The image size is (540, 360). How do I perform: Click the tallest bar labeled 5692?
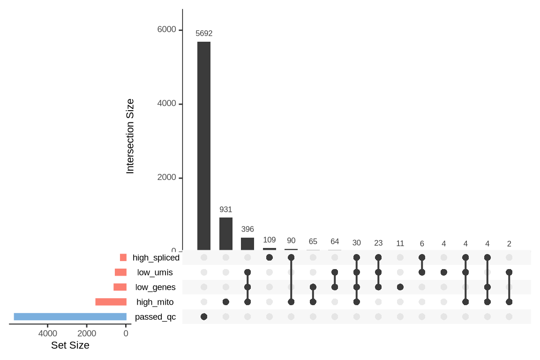tap(204, 146)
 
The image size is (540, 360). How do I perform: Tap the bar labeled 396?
tap(247, 244)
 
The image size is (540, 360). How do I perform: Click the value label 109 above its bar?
tap(270, 240)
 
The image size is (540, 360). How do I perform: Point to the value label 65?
tap(313, 242)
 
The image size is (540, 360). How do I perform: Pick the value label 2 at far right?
tap(509, 244)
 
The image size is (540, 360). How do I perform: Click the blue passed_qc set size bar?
tap(70, 316)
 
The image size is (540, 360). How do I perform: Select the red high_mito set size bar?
tap(111, 302)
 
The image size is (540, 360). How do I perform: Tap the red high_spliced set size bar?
tap(123, 257)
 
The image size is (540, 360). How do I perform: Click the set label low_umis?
tap(155, 272)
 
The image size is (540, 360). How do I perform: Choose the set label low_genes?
tap(155, 287)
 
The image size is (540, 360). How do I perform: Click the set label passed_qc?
tap(155, 317)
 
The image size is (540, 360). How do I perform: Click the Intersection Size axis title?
tap(130, 136)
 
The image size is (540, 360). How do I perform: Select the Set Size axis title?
tap(70, 345)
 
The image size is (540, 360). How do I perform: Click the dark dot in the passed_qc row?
tap(204, 317)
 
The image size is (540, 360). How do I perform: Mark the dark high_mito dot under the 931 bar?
tap(226, 302)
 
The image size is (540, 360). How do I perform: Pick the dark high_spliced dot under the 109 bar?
tap(270, 257)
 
